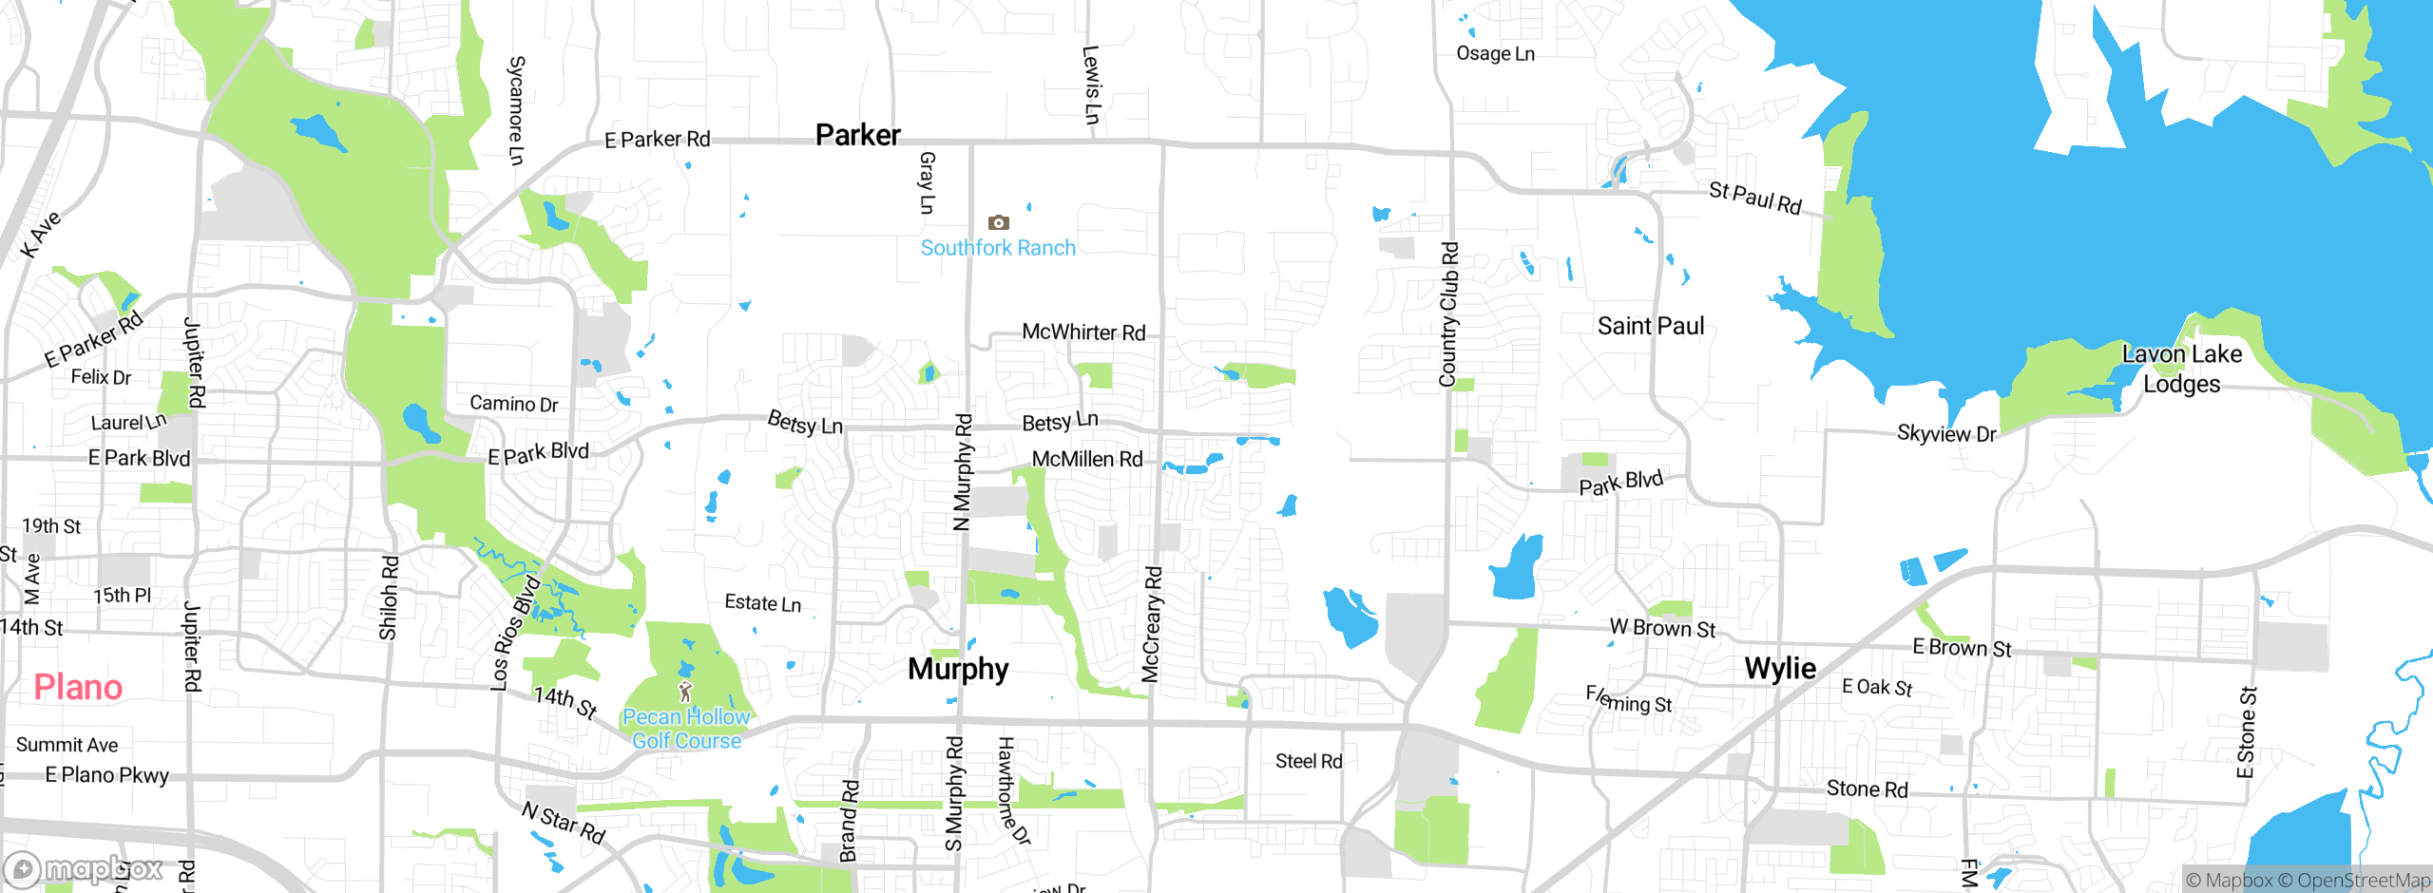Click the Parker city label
point(857,135)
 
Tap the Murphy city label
point(958,669)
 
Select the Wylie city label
point(1780,668)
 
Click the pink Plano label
point(78,687)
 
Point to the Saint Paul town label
point(1650,326)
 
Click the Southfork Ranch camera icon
point(998,222)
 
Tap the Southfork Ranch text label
point(998,248)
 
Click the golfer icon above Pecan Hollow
point(685,692)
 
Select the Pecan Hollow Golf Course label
point(686,729)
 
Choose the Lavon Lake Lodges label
point(2182,369)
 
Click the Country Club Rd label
point(1448,314)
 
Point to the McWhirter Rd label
point(1083,332)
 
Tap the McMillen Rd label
point(1087,460)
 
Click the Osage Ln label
point(1495,54)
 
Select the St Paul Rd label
point(1754,199)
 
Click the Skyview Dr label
point(1946,434)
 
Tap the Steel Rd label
point(1309,761)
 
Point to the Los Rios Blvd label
point(514,633)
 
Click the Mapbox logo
point(84,869)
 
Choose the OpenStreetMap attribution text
point(2363,881)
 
